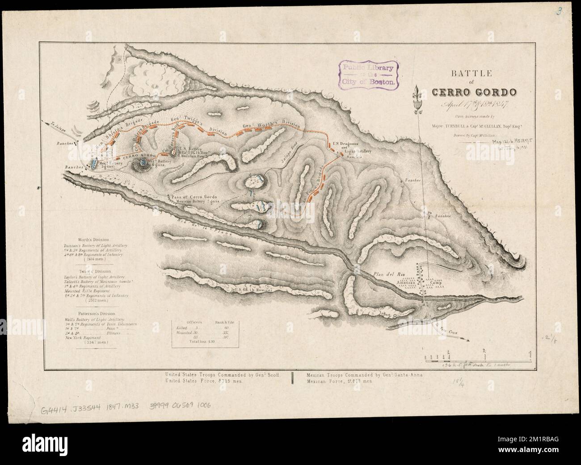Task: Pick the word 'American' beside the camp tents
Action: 404,283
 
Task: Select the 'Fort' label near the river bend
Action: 387,315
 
